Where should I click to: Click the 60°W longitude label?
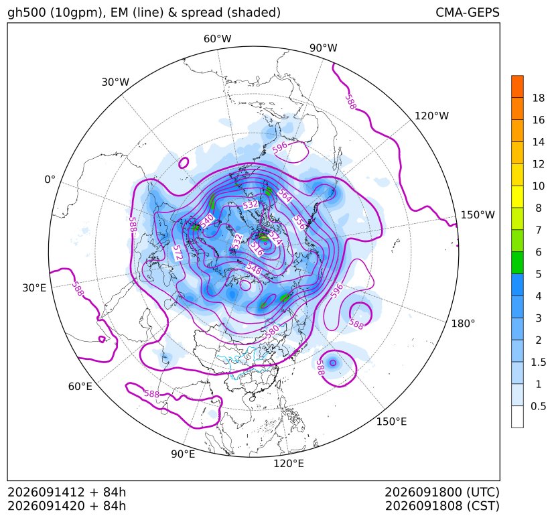tap(217, 39)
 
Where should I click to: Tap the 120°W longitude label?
tap(431, 116)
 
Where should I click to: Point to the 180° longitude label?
tap(463, 324)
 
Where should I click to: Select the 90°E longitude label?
tap(183, 454)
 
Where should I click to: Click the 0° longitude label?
tap(50, 180)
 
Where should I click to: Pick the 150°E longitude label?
tap(391, 421)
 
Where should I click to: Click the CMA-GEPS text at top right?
tap(468, 12)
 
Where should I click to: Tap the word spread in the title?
tap(201, 13)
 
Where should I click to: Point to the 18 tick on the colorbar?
tap(538, 98)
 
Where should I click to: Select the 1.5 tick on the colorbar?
tap(538, 362)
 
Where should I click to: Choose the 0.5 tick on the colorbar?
tap(538, 406)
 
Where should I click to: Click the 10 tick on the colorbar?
tap(538, 186)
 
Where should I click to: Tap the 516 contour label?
tap(257, 249)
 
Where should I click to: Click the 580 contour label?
tap(272, 331)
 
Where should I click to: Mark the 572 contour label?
tap(178, 253)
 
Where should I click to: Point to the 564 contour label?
tap(285, 196)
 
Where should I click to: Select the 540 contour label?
tap(207, 221)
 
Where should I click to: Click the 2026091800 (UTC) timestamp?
tap(442, 492)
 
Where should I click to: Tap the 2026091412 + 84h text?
tap(67, 492)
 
